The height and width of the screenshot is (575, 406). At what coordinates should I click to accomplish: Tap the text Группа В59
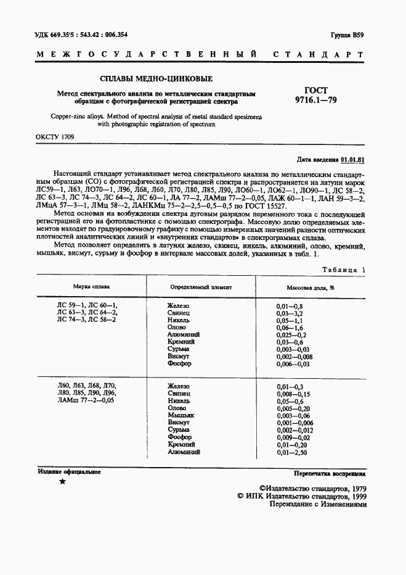(x=348, y=36)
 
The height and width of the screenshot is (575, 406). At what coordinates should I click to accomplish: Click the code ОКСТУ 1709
(x=55, y=136)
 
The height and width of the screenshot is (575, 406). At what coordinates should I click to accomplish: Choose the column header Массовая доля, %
(x=310, y=270)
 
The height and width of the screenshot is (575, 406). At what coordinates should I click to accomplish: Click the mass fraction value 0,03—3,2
(x=290, y=313)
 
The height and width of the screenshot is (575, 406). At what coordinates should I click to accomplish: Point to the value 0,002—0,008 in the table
(x=294, y=357)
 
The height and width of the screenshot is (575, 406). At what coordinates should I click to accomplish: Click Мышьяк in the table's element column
(x=180, y=415)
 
